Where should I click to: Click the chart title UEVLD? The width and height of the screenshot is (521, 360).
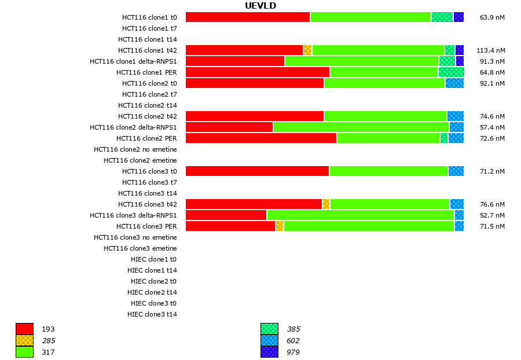point(260,6)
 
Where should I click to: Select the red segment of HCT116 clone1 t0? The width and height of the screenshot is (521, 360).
point(248,17)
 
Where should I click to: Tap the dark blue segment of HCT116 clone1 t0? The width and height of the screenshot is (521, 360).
point(458,17)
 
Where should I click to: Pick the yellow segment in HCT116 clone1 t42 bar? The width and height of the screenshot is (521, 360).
point(307,50)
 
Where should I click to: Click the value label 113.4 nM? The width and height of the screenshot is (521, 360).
point(490,50)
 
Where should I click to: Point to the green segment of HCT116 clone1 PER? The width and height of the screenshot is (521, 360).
point(384,72)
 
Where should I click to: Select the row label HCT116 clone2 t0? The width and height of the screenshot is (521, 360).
point(149,83)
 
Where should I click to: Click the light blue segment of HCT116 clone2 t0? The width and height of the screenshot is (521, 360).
point(454,83)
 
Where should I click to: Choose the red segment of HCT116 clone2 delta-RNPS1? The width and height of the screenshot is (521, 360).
point(229,127)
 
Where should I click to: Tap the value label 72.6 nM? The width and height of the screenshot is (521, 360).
point(492,138)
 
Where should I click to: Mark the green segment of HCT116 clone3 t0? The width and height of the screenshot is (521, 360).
point(388,171)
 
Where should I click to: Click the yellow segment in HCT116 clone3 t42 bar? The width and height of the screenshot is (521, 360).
point(326,204)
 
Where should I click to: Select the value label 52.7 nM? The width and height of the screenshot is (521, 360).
point(492,215)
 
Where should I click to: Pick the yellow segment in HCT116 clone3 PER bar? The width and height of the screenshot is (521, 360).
point(280,226)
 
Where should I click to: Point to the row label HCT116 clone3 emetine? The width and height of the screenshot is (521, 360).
point(140,248)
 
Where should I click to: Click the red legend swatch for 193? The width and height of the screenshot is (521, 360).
point(24,329)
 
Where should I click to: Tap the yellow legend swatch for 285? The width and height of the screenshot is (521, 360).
point(24,340)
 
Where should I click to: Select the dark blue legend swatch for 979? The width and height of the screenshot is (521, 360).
point(269,352)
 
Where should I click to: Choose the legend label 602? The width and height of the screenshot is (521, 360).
point(293,341)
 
